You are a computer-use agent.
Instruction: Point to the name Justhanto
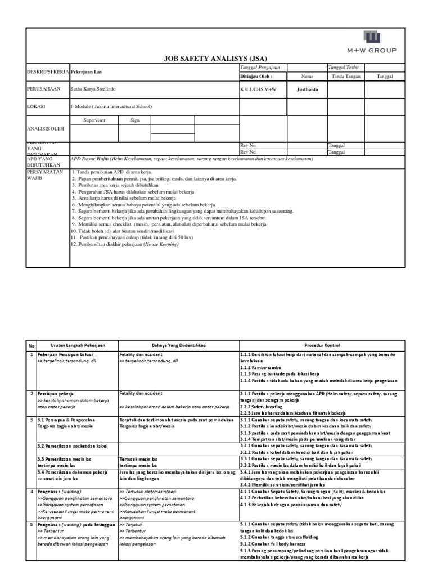pyautogui.click(x=307, y=89)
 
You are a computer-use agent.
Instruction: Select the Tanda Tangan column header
pyautogui.click(x=346, y=76)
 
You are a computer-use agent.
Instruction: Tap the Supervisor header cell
pyautogui.click(x=94, y=120)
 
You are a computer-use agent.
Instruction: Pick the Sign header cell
pyautogui.click(x=135, y=120)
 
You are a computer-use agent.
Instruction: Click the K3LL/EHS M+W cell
pyautogui.click(x=259, y=89)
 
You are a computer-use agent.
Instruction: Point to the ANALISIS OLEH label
pyautogui.click(x=46, y=129)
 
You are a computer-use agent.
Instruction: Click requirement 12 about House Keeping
pyautogui.click(x=124, y=245)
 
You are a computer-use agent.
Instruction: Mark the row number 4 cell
pyautogui.click(x=32, y=476)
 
